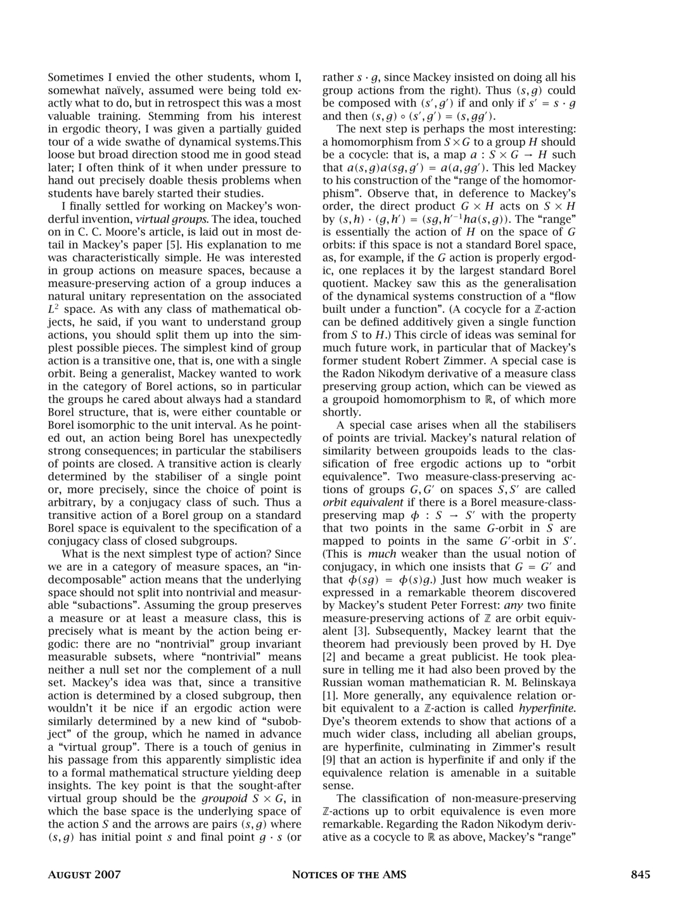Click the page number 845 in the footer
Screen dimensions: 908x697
(640, 875)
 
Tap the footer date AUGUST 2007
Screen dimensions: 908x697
(84, 875)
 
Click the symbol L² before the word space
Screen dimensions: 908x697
(54, 309)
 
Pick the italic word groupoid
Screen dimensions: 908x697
(222, 798)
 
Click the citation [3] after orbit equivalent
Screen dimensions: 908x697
(359, 631)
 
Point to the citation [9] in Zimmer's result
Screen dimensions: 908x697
(329, 760)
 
